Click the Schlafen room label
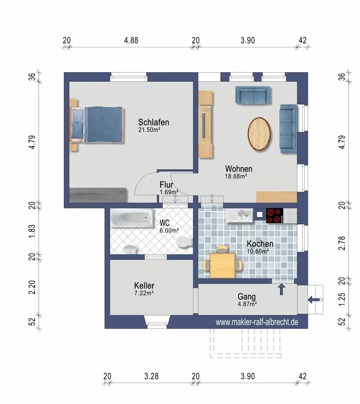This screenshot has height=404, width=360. pyautogui.click(x=154, y=122)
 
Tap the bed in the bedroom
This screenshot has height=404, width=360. pyautogui.click(x=97, y=124)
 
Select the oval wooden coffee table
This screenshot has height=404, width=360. pyautogui.click(x=259, y=134)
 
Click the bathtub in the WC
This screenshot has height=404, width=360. pyautogui.click(x=132, y=218)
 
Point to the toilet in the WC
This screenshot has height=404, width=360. pyautogui.click(x=184, y=242)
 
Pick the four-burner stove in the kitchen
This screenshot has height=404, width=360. pyautogui.click(x=275, y=216)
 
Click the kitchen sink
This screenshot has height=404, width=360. pyautogui.click(x=239, y=215)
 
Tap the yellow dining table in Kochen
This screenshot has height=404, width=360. pyautogui.click(x=222, y=265)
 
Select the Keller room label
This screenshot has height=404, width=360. pyautogui.click(x=144, y=286)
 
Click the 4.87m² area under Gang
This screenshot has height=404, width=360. pyautogui.click(x=247, y=304)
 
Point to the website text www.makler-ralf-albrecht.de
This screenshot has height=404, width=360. pyautogui.click(x=257, y=322)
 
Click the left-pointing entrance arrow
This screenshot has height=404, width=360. pyautogui.click(x=314, y=299)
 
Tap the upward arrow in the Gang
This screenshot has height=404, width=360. pyautogui.click(x=282, y=289)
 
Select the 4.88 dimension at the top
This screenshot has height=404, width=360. pyautogui.click(x=131, y=40)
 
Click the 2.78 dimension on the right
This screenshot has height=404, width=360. pyautogui.click(x=342, y=243)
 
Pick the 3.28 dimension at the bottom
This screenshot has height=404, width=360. pyautogui.click(x=151, y=376)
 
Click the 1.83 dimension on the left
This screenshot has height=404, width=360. pyautogui.click(x=32, y=231)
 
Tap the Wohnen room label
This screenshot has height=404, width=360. pyautogui.click(x=239, y=169)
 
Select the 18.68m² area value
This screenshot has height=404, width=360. pyautogui.click(x=236, y=177)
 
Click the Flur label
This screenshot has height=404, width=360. pyautogui.click(x=166, y=185)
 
